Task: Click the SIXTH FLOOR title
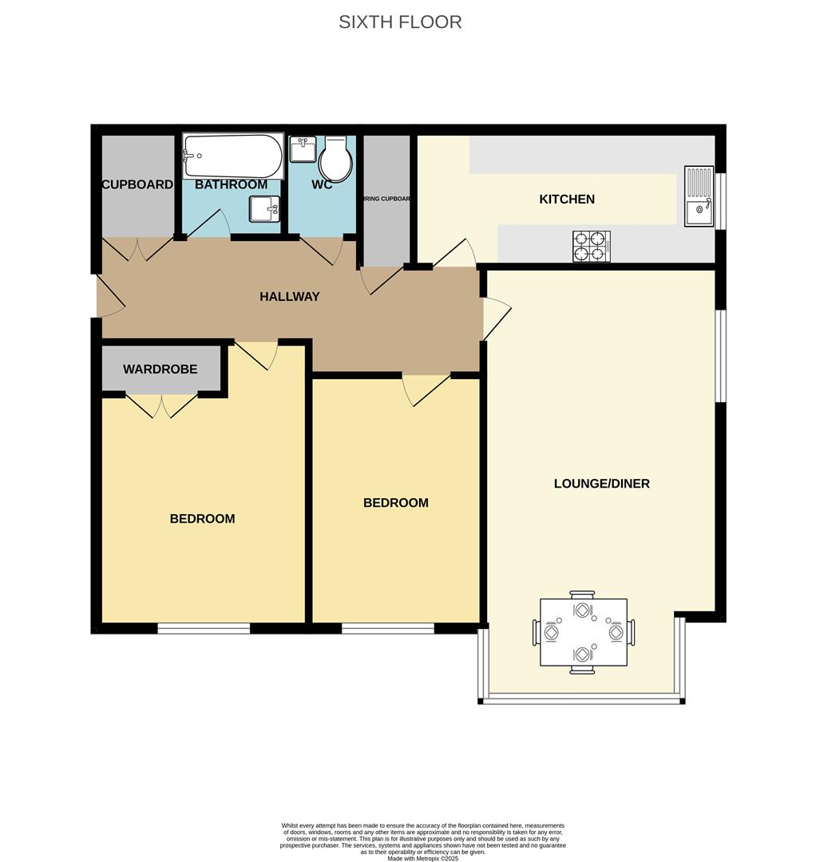(x=400, y=22)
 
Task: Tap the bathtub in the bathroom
(x=233, y=156)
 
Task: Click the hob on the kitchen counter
(x=592, y=246)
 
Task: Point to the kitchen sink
(x=699, y=196)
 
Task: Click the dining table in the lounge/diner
(x=583, y=632)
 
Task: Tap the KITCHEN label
(x=567, y=199)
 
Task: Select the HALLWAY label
(x=289, y=296)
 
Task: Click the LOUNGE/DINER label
(x=601, y=483)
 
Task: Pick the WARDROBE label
(x=160, y=370)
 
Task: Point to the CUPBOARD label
(x=137, y=184)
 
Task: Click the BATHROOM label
(x=231, y=184)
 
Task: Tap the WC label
(x=322, y=184)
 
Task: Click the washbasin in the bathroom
(x=264, y=209)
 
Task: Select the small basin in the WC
(x=303, y=148)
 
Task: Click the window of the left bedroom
(x=204, y=628)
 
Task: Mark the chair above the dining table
(x=582, y=595)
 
